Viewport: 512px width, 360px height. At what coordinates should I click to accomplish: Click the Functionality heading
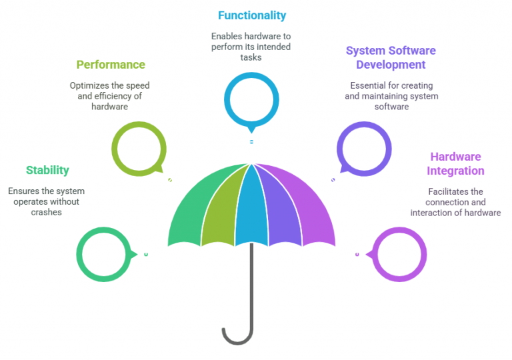[x=252, y=15]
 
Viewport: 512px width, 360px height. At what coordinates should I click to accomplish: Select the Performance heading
[x=111, y=65]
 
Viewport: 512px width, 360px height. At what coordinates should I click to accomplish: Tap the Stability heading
[x=47, y=170]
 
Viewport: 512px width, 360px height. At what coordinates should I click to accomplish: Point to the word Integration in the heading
[x=455, y=171]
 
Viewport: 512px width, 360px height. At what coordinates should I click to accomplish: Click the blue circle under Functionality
[x=251, y=100]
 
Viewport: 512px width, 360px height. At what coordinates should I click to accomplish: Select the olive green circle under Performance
[x=137, y=149]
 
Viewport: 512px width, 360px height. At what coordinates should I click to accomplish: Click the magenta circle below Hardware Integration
[x=398, y=254]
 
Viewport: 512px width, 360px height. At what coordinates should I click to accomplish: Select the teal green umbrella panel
[x=191, y=213]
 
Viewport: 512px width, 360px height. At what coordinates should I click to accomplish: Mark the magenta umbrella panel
[x=310, y=213]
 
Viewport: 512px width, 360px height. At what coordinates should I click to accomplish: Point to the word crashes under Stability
[x=46, y=212]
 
